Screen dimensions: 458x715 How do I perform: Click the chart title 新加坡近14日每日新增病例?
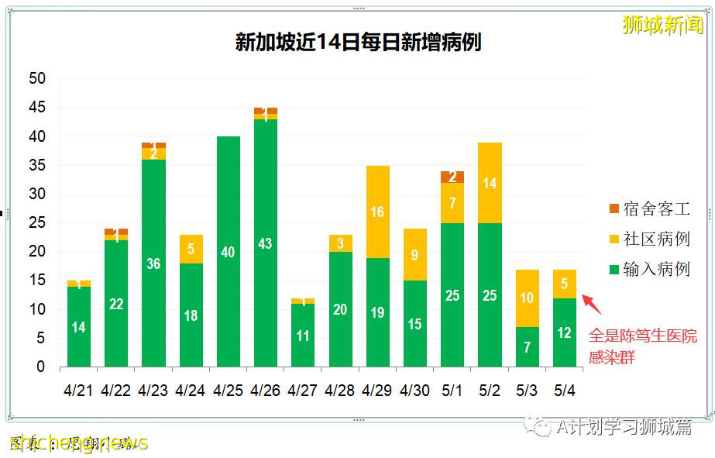point(358,42)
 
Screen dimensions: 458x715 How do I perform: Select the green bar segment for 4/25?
point(228,252)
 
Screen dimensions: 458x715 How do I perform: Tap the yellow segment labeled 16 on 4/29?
point(377,212)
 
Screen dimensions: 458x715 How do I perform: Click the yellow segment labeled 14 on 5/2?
point(490,183)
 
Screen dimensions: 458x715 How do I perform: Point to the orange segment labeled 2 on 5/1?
point(452,177)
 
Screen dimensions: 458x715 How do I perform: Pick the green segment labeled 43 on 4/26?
point(266,243)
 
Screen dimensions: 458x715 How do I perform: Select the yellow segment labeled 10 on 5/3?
point(527,298)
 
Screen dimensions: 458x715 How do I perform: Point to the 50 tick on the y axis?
point(37,78)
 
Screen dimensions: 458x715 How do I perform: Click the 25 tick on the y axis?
point(37,223)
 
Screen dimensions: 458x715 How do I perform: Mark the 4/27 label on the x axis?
point(303,391)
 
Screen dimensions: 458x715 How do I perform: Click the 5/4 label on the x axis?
point(564,391)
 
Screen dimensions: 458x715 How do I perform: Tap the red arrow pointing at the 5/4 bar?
point(592,304)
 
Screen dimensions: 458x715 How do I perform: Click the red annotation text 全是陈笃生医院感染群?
point(642,346)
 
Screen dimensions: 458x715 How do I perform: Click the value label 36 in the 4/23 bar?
point(153,264)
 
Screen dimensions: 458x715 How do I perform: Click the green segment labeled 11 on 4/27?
point(303,336)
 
